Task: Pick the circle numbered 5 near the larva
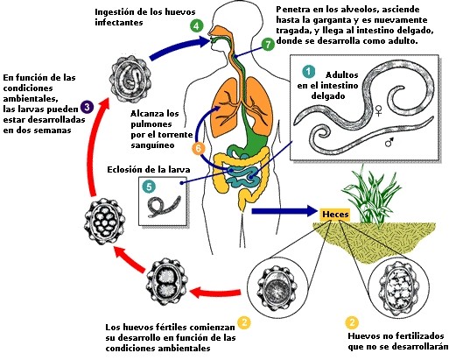click(x=149, y=186)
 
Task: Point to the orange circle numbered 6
click(x=199, y=149)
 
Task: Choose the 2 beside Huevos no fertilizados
click(x=351, y=321)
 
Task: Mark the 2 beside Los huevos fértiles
click(x=244, y=323)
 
